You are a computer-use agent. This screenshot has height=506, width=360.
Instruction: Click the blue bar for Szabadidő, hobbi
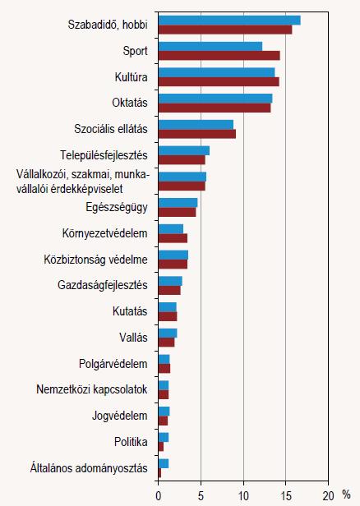tap(229, 21)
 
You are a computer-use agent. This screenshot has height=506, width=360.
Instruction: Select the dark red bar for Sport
tap(219, 56)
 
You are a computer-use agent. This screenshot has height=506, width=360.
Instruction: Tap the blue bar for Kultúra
tap(217, 72)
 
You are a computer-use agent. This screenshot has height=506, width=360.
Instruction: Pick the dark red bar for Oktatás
tap(215, 108)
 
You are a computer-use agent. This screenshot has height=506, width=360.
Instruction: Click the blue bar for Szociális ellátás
tap(196, 125)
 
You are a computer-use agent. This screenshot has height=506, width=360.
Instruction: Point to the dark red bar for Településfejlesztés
tap(182, 160)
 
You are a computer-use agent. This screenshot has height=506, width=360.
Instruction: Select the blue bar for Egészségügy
tap(178, 203)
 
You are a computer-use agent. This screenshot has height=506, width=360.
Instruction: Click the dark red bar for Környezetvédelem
tap(173, 238)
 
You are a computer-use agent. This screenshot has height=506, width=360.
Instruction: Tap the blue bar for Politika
tap(164, 438)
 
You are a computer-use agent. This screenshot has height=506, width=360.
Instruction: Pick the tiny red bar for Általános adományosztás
tap(159, 473)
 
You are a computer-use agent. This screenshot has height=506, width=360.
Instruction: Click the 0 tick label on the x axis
tap(158, 496)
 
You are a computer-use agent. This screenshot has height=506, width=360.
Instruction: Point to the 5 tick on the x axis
tap(201, 496)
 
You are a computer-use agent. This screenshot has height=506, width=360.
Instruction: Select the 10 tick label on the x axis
tap(243, 496)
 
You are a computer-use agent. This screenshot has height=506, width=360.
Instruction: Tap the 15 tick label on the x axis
tap(286, 496)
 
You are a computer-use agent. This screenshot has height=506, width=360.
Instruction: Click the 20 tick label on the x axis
tap(329, 496)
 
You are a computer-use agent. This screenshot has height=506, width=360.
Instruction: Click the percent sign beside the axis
tap(346, 494)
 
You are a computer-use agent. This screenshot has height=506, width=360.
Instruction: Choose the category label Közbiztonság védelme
tap(95, 260)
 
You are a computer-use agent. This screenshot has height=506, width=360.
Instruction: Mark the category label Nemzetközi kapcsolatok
tap(92, 389)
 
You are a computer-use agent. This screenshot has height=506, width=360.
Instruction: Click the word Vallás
tap(133, 338)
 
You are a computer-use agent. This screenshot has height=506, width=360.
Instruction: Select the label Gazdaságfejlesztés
tap(103, 285)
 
